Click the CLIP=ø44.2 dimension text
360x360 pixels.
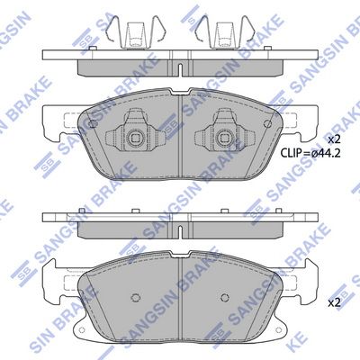click(310, 154)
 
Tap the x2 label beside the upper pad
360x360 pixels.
click(334, 139)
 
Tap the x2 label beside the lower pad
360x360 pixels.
click(334, 303)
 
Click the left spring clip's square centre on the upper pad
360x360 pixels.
click(134, 138)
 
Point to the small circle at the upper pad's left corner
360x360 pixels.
click(93, 123)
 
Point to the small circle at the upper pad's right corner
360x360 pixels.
click(266, 123)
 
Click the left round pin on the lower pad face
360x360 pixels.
click(135, 297)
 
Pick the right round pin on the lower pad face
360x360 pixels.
click(225, 297)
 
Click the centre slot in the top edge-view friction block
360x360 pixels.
click(180, 69)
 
